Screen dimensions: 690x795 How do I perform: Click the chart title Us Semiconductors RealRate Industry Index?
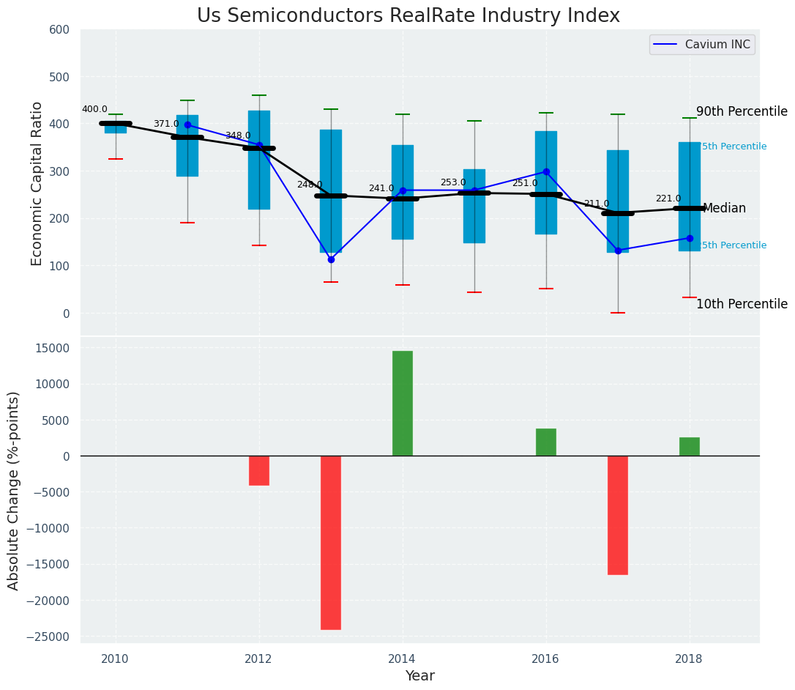[408, 16]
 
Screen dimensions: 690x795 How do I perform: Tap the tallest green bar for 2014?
[403, 404]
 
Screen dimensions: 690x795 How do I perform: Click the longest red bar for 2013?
[331, 542]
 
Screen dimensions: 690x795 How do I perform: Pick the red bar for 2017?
[618, 515]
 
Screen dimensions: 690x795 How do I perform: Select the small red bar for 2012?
[259, 470]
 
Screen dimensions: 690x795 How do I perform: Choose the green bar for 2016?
[546, 442]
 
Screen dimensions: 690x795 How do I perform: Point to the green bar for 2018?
[690, 447]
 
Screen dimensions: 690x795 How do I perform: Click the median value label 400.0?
[94, 110]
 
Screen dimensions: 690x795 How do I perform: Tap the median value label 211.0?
[596, 204]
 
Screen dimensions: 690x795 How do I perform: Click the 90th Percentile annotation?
[742, 112]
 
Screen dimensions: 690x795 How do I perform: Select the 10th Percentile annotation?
[742, 305]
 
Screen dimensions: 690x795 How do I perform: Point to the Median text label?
[724, 209]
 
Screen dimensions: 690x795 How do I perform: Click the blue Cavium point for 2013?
[331, 259]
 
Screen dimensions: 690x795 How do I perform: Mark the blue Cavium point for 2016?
[546, 171]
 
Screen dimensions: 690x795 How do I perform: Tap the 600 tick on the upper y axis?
[59, 30]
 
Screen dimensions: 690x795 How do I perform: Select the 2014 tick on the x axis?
[402, 659]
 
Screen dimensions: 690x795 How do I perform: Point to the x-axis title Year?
[420, 676]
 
